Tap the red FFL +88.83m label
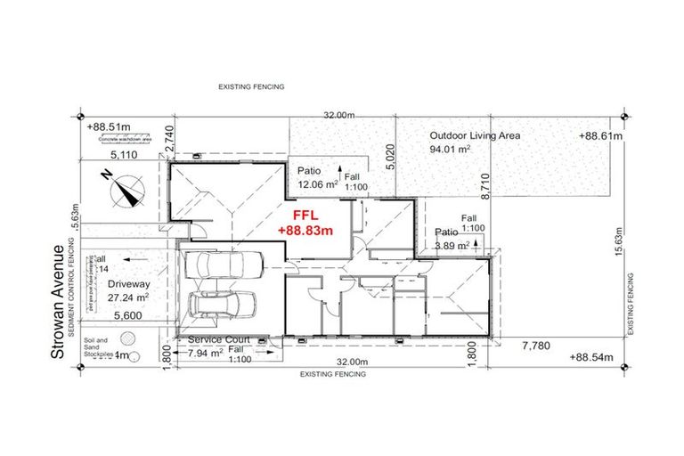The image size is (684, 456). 305,223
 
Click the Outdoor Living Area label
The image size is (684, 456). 475,135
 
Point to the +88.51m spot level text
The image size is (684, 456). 110,127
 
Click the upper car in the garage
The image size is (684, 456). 227,265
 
